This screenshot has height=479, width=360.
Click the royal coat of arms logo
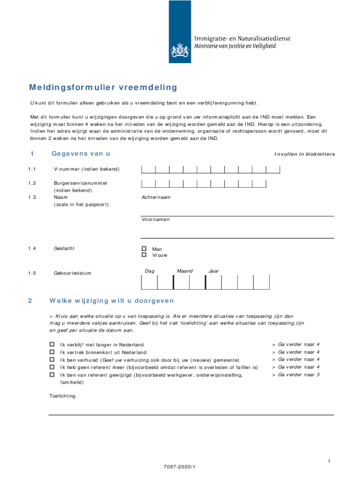[180, 50]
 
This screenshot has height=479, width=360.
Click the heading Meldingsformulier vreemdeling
[103, 87]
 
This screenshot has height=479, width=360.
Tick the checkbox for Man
[144, 249]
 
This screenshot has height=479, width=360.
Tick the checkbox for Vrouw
[144, 255]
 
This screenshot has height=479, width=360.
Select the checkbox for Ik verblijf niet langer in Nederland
[52, 344]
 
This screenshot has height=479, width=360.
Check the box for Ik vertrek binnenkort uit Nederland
[52, 352]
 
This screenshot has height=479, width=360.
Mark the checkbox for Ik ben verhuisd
[52, 359]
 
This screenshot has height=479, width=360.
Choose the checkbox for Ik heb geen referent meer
[52, 367]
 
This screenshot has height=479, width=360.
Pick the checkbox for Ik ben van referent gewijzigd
[52, 374]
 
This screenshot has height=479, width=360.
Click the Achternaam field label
[156, 197]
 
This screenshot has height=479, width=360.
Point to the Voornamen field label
[156, 219]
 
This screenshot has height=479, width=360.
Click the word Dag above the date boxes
[150, 271]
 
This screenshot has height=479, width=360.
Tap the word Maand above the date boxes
[185, 271]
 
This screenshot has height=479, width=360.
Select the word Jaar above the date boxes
[214, 271]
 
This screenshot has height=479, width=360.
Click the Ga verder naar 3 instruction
[298, 375]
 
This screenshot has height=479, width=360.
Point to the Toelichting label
[62, 396]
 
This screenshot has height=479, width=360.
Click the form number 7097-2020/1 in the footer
[180, 467]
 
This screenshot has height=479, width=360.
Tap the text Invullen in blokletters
[304, 154]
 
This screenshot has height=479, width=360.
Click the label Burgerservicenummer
[80, 183]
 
